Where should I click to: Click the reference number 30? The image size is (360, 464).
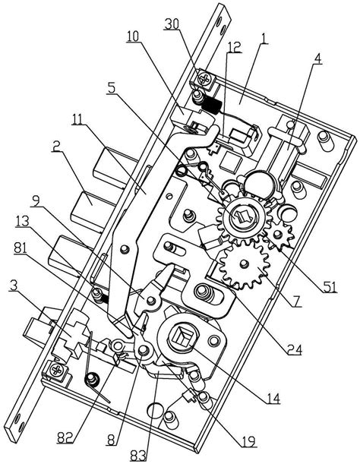click(172, 24)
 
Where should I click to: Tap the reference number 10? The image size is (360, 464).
click(133, 36)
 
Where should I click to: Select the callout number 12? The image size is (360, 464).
click(234, 47)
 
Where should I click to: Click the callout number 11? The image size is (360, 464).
click(77, 119)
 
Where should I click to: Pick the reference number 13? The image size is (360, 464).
click(22, 221)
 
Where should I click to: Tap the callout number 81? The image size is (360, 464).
click(21, 248)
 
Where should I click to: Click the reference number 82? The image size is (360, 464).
click(65, 438)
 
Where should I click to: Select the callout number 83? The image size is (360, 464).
click(138, 455)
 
